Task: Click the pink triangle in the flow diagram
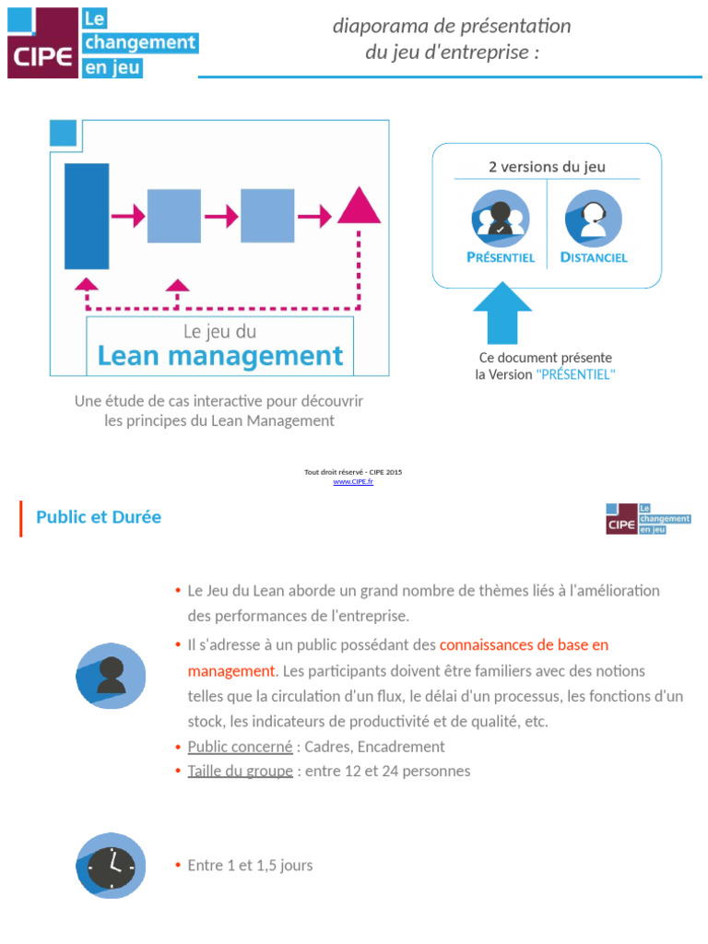[x=360, y=207]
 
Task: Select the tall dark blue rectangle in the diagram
[x=87, y=216]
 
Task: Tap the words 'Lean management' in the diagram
[x=219, y=356]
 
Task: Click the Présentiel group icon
[x=500, y=218]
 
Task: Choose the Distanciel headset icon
[x=593, y=218]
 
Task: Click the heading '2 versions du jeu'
[x=547, y=167]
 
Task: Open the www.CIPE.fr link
[x=353, y=482]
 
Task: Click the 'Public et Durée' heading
[x=99, y=518]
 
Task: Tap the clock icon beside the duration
[x=111, y=866]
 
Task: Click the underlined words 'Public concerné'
[x=240, y=747]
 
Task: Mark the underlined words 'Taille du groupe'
[x=240, y=771]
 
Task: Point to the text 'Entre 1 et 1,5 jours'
[x=250, y=866]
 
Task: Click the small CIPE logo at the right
[x=648, y=519]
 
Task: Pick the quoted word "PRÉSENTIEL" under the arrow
[x=576, y=375]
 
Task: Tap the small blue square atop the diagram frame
[x=63, y=133]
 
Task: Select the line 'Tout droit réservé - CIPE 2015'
[x=353, y=472]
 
